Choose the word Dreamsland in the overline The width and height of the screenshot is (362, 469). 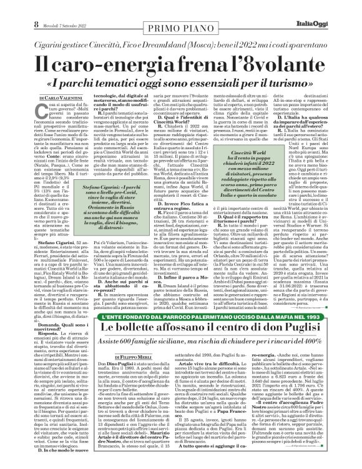(x=188, y=40)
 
